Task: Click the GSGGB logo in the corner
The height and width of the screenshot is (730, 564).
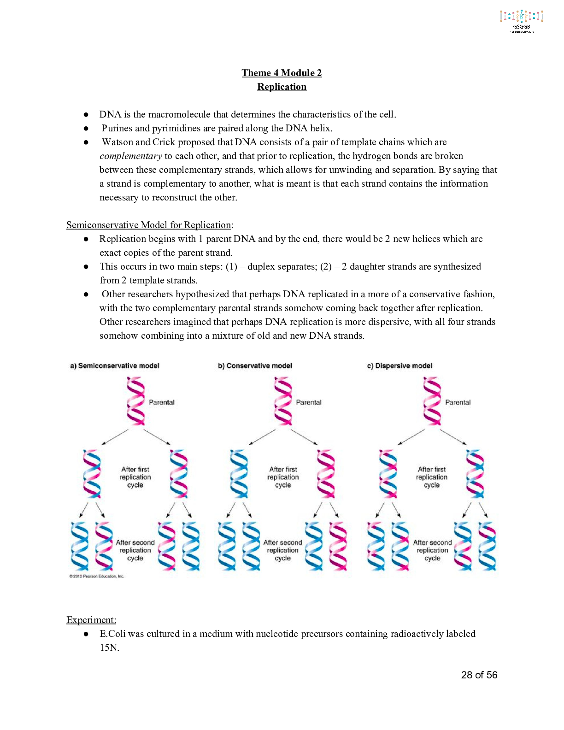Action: pos(522,21)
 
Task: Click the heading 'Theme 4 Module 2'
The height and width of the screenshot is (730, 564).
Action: pos(282,73)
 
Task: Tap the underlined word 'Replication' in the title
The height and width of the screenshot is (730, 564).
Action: pos(282,87)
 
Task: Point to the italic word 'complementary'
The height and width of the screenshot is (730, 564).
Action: pos(131,156)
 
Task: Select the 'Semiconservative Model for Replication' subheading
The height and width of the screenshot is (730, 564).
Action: pos(149,225)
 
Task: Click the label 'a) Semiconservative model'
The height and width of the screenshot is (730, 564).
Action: pos(115,366)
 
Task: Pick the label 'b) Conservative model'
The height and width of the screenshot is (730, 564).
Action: pos(255,366)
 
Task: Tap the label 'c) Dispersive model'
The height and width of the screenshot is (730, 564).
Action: pos(399,366)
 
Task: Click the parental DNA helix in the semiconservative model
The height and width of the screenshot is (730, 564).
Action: pos(135,401)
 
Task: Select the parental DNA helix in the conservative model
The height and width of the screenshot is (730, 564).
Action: pos(283,401)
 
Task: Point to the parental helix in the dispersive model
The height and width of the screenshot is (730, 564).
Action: pos(432,401)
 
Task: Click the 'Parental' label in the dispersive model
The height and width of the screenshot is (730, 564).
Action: pos(458,402)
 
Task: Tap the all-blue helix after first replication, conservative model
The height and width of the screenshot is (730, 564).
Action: pos(239,474)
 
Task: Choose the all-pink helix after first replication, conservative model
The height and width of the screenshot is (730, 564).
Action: pos(326,474)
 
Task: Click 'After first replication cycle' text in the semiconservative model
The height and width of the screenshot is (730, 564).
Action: pos(135,477)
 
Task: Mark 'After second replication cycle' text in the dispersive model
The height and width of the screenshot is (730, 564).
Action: pos(432,550)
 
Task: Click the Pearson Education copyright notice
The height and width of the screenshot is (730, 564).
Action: pos(97,576)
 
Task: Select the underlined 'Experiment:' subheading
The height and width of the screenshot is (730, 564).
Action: pos(91,620)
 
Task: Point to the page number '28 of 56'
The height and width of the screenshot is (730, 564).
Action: pos(479,675)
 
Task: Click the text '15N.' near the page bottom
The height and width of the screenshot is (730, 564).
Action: pos(109,648)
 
